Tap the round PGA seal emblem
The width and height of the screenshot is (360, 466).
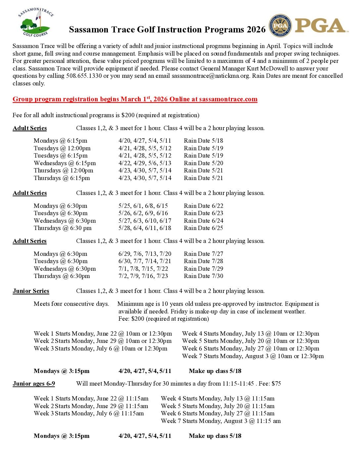coord(280,26)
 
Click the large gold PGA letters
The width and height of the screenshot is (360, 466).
coord(320,25)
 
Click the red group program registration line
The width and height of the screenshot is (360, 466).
coord(135,99)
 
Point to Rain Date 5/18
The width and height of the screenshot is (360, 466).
coord(203,141)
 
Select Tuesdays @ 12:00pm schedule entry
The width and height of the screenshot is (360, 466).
coord(62,148)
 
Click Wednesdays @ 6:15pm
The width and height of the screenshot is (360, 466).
coord(65,163)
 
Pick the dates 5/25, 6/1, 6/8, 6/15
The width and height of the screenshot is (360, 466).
coord(143,206)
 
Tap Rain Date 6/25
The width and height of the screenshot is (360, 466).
coord(203,228)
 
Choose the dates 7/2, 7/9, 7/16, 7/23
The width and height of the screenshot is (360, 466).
coord(143,276)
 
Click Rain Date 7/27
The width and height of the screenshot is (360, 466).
coord(203,254)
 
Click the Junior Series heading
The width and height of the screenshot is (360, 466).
coord(31,291)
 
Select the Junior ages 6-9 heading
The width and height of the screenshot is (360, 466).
coord(34,384)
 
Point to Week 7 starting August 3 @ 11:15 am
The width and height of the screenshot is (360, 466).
coord(221,421)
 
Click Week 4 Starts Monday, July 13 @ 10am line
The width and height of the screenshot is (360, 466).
coord(250,334)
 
